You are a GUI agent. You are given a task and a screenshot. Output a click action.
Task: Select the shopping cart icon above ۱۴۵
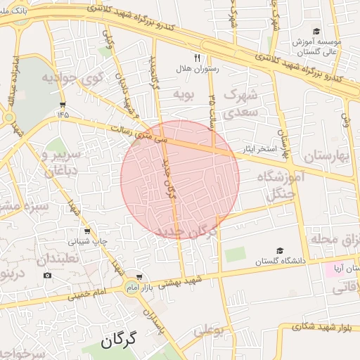coord(63,103)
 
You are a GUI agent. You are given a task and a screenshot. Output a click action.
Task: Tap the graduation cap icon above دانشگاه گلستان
coord(281,250)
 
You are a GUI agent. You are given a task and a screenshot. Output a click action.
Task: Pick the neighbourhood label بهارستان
coord(323,155)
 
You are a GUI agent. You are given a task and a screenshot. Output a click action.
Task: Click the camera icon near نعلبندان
coord(47,275)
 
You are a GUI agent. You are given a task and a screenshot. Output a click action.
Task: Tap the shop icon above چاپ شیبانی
coord(87,231)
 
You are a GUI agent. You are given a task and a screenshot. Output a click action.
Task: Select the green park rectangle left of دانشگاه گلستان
coord(235,254)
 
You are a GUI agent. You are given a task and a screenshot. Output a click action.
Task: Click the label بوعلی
coord(208,328)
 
